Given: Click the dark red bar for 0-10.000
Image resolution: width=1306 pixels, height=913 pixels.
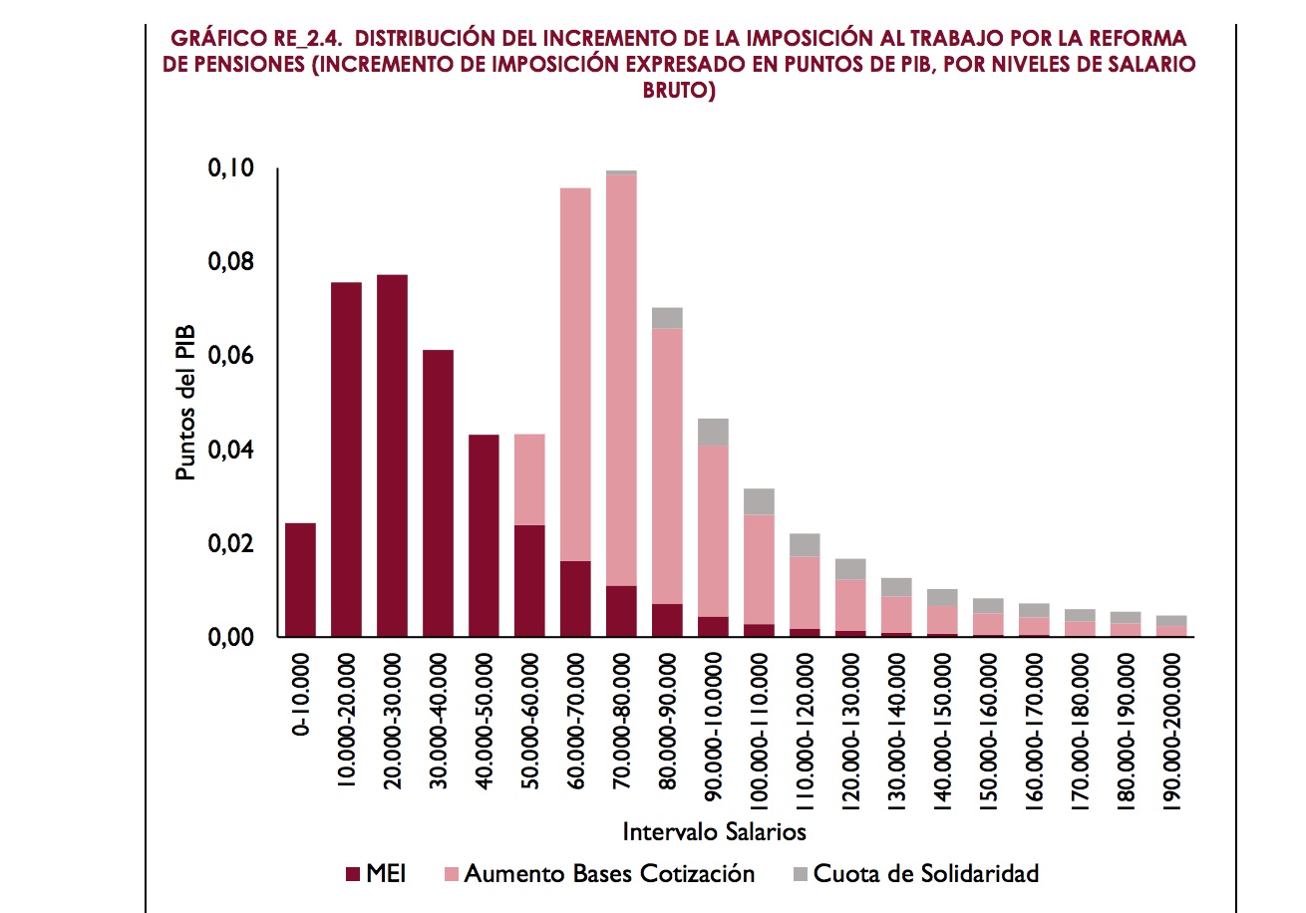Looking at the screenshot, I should coord(300,579).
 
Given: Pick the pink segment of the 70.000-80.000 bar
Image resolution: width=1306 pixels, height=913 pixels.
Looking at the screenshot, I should coord(621,380).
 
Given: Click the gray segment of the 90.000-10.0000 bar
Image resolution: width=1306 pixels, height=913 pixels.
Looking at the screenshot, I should coord(713,432).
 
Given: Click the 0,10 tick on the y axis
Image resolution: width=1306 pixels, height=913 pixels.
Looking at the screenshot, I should coord(230,168).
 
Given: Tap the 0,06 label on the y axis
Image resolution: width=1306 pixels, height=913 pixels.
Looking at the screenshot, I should coord(230,356).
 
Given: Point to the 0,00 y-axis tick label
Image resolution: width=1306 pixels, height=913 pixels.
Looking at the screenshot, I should coord(230,637).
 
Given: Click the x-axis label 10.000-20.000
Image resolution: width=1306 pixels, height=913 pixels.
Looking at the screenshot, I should coord(347,723).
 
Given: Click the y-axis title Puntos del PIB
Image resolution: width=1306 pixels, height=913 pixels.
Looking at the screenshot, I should coord(186,403).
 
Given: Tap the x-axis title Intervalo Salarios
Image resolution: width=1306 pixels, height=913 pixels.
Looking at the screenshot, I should coord(714,830).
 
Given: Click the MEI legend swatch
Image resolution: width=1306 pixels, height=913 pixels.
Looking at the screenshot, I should coord(352,874).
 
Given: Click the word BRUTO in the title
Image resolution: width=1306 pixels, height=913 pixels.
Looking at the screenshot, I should coord(678,91).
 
